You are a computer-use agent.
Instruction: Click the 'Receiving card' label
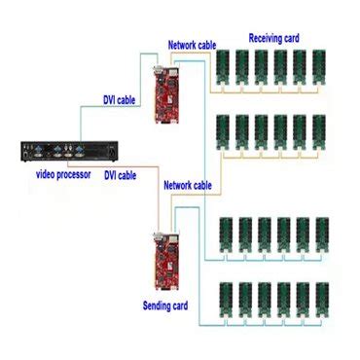(x=273, y=38)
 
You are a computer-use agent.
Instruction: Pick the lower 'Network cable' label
(x=188, y=185)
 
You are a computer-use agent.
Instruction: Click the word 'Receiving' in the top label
(x=264, y=38)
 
